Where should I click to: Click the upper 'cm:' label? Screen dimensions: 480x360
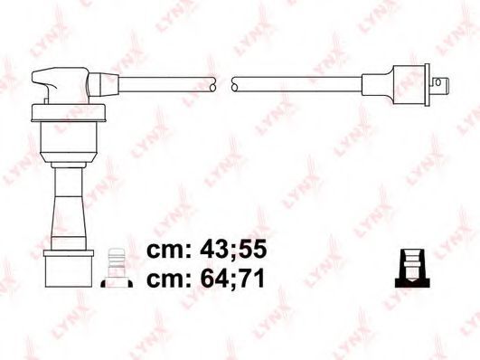(x=169, y=251)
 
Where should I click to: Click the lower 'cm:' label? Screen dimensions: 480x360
(x=169, y=281)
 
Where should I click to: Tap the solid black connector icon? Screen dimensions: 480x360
(x=412, y=268)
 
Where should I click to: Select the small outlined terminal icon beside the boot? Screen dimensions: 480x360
(x=117, y=267)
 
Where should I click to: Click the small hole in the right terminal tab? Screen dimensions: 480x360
(x=438, y=82)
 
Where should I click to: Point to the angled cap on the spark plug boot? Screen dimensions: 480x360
(x=61, y=85)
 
